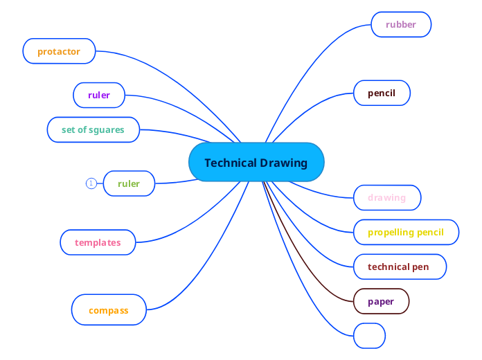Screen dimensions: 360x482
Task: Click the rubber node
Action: coord(401,24)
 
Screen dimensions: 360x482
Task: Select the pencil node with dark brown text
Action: coord(382,93)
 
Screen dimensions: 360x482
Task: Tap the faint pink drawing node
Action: coord(386,197)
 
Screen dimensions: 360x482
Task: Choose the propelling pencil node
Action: coord(406,232)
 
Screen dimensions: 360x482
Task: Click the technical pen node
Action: coord(398,267)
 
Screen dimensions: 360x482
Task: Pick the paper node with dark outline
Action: coord(381,301)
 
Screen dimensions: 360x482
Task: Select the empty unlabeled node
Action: coord(369,335)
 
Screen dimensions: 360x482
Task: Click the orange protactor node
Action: coord(59,51)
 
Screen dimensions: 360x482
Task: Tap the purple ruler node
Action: coord(99,95)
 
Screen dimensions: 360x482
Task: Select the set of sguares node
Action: coord(93,129)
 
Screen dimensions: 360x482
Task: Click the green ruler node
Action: coord(129,183)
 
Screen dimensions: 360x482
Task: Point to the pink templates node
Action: coord(98,242)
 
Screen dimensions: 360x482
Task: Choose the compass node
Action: coord(109,310)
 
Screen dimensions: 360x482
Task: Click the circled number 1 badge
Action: coord(91,183)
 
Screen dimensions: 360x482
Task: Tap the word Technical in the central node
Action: coord(231,163)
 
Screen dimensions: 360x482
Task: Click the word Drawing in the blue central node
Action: coord(284,163)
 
